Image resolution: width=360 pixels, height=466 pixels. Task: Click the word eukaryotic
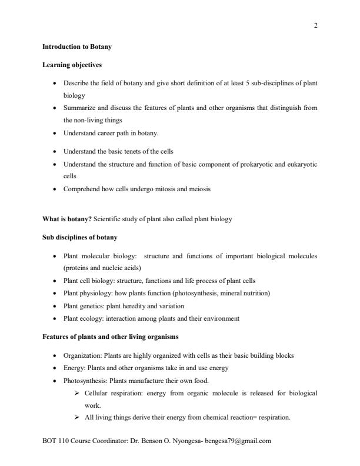click(299, 165)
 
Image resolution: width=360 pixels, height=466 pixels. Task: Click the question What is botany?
click(67, 219)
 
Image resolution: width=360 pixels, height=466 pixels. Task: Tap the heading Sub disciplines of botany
click(80, 237)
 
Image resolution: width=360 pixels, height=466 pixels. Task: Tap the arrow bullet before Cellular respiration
click(77, 392)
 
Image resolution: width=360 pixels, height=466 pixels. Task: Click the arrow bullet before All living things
click(77, 417)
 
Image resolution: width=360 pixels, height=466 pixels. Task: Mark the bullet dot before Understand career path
click(55, 134)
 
